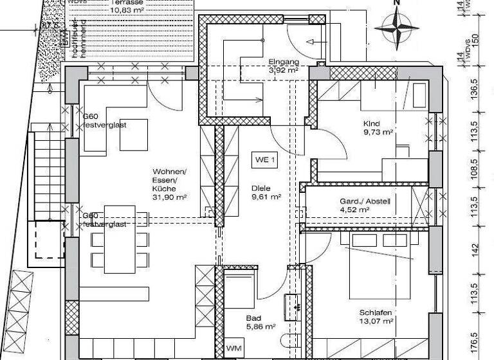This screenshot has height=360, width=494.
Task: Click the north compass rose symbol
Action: click(396, 26)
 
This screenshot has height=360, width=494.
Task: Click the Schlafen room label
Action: click(376, 312)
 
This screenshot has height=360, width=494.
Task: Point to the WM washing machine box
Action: click(233, 348)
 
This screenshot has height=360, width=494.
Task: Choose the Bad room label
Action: click(253, 318)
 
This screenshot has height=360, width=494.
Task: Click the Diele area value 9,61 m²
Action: click(265, 198)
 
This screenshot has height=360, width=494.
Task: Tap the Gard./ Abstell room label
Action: click(365, 201)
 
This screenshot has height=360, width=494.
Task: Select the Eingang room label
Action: click(282, 62)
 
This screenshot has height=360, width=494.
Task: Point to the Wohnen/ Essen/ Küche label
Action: click(169, 181)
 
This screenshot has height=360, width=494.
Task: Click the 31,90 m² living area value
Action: click(170, 198)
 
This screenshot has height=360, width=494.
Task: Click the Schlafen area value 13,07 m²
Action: click(376, 321)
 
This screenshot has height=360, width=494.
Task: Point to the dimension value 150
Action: click(477, 38)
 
